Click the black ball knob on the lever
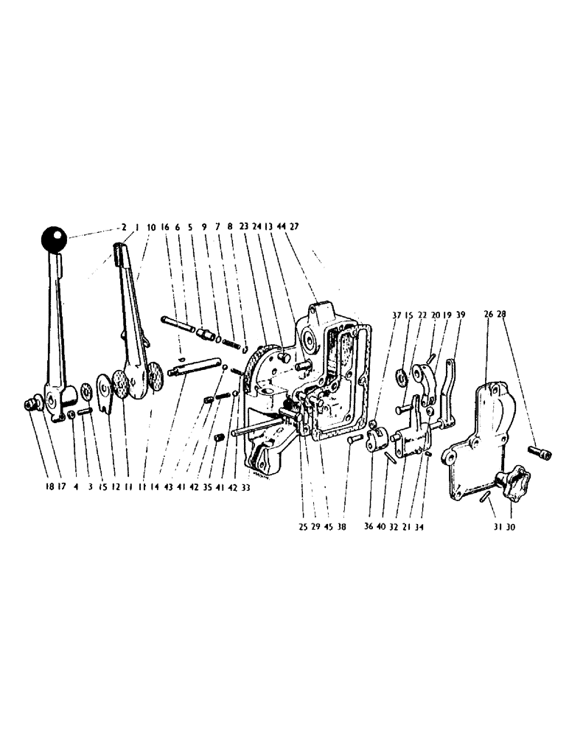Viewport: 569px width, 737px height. pos(53,240)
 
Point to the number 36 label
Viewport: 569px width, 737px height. pos(369,527)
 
